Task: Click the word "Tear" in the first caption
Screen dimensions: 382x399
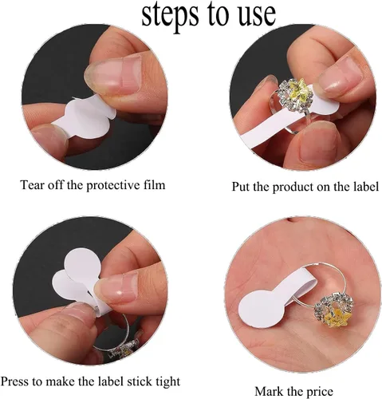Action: tap(32, 185)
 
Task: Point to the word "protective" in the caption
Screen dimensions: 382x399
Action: tap(113, 185)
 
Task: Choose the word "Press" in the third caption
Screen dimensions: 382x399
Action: tap(14, 381)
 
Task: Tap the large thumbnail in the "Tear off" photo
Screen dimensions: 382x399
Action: tap(113, 75)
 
